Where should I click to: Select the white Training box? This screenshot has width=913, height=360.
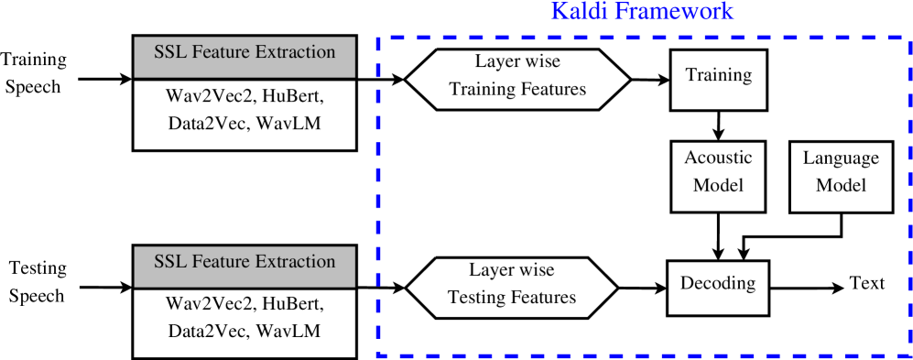click(x=718, y=80)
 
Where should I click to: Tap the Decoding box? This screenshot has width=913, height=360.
click(x=718, y=288)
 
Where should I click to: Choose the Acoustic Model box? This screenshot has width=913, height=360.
click(x=718, y=176)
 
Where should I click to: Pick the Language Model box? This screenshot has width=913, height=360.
click(x=841, y=176)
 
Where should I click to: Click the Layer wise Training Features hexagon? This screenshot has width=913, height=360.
click(x=517, y=79)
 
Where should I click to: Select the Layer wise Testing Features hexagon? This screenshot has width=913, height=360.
click(x=511, y=287)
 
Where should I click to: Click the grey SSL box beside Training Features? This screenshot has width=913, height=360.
click(x=245, y=57)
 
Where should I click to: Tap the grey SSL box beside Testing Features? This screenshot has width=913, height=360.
click(x=245, y=266)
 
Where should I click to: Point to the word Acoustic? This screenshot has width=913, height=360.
click(x=718, y=158)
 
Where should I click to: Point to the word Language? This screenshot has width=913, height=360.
click(x=841, y=158)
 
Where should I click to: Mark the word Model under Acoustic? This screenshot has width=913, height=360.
click(x=718, y=185)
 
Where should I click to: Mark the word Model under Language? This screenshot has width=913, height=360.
click(x=841, y=185)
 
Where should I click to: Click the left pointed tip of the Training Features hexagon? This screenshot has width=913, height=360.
click(x=408, y=79)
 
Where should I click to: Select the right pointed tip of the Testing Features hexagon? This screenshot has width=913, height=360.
click(x=614, y=287)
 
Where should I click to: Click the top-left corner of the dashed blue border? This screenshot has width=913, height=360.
click(x=379, y=38)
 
